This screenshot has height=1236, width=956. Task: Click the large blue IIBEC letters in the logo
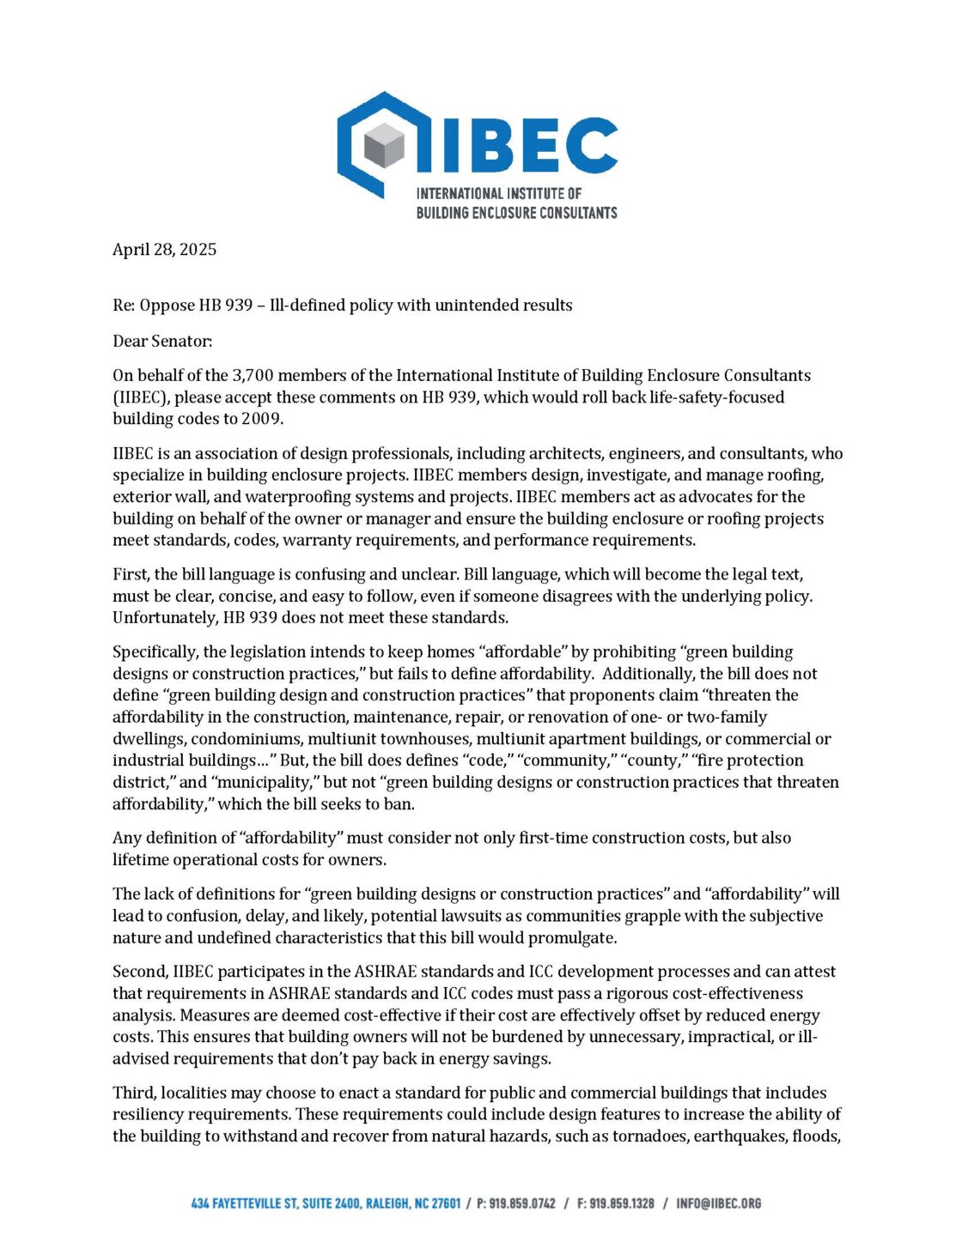[x=515, y=146]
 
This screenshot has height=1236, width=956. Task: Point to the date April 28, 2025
[x=164, y=250]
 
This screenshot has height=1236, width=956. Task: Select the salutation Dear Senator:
[x=162, y=341]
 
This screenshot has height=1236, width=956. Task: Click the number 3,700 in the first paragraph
[x=253, y=375]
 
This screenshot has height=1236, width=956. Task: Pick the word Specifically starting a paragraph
[x=155, y=652]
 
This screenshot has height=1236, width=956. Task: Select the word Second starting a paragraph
[x=139, y=972]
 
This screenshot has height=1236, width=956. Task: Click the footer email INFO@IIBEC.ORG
[x=719, y=1203]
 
